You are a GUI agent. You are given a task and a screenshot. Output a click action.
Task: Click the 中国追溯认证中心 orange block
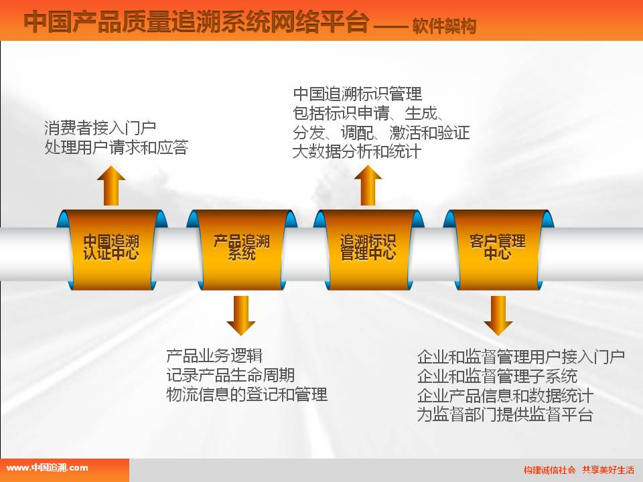pyautogui.click(x=112, y=250)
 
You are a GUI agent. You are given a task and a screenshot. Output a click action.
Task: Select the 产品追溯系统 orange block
pyautogui.click(x=242, y=250)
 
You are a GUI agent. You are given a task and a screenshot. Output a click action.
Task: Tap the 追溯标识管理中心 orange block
pyautogui.click(x=368, y=250)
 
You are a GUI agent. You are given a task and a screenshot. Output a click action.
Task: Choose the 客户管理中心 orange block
pyautogui.click(x=498, y=250)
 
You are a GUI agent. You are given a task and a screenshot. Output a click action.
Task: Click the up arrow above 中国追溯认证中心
pyautogui.click(x=111, y=185)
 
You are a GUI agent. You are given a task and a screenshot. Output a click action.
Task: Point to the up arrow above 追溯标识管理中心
pyautogui.click(x=368, y=185)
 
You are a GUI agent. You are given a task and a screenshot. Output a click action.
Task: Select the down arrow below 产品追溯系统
pyautogui.click(x=241, y=315)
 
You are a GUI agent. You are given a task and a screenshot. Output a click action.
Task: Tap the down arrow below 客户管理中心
pyautogui.click(x=498, y=315)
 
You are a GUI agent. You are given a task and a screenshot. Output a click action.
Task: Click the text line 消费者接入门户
pyautogui.click(x=100, y=128)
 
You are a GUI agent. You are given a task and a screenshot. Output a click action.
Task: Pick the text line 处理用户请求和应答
pyautogui.click(x=117, y=147)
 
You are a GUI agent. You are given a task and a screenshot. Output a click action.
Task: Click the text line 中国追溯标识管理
pyautogui.click(x=357, y=94)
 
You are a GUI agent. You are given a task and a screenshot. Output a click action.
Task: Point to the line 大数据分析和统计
pyautogui.click(x=357, y=152)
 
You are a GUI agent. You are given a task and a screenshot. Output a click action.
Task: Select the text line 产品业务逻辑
pyautogui.click(x=214, y=355)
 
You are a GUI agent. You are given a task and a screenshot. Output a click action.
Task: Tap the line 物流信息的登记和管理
pyautogui.click(x=246, y=394)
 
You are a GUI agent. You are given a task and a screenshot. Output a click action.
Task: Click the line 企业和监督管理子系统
pyautogui.click(x=497, y=376)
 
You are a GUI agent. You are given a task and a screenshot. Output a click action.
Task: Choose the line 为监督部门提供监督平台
pyautogui.click(x=505, y=414)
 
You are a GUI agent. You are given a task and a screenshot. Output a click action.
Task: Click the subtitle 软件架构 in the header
pyautogui.click(x=444, y=26)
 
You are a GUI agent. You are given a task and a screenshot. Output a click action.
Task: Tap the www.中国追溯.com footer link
pyautogui.click(x=47, y=468)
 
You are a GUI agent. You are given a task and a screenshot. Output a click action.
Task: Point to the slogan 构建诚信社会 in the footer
pyautogui.click(x=549, y=470)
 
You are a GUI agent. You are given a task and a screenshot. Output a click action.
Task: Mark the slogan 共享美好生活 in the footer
pyautogui.click(x=608, y=470)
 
